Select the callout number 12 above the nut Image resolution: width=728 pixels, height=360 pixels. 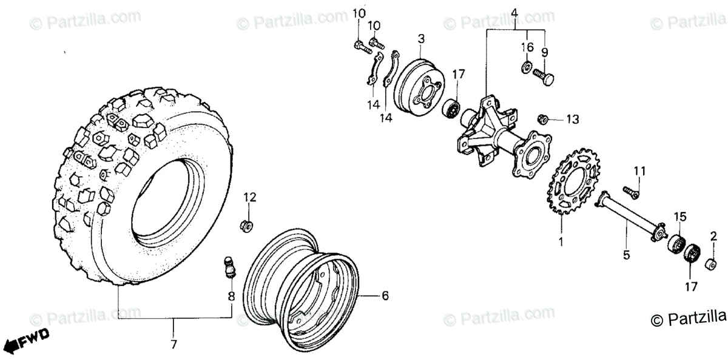[251, 197]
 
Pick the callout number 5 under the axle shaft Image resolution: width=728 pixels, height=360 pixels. [627, 256]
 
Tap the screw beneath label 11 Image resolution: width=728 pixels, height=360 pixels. [632, 192]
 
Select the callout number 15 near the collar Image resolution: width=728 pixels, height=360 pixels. [679, 217]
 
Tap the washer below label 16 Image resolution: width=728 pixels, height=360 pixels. [525, 66]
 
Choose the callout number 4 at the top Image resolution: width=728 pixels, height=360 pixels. [513, 12]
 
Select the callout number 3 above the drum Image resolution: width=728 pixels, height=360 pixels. [421, 39]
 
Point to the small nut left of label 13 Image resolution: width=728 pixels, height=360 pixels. [544, 118]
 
